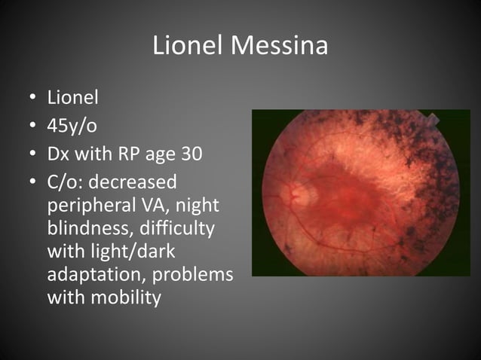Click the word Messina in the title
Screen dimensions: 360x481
tap(280, 47)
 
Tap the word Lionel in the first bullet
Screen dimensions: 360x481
tap(73, 97)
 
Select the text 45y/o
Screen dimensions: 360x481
tap(72, 126)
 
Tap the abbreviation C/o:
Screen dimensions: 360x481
tap(64, 183)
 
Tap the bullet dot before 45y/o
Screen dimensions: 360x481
tap(32, 127)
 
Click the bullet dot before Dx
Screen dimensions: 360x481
tap(32, 155)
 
